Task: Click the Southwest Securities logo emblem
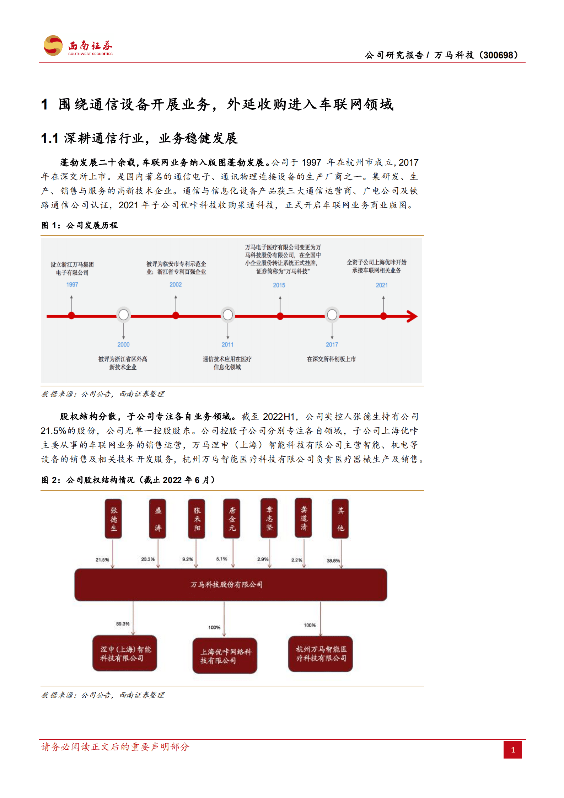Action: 53,45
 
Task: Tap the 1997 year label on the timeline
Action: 72,284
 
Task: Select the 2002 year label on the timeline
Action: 176,284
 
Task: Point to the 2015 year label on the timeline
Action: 279,285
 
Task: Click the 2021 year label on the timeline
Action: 382,285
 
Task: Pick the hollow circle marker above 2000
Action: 124,315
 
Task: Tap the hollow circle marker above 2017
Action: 332,315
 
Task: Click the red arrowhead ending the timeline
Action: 412,316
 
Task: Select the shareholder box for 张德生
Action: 113,519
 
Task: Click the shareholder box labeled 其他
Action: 340,519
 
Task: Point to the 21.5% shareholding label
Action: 102,560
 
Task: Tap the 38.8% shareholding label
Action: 333,561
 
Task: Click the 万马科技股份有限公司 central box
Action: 231,585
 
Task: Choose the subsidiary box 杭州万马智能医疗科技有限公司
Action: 321,654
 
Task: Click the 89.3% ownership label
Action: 123,624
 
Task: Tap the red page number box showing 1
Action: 512,750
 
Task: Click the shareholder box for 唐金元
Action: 232,519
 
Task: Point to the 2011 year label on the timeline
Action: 227,344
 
